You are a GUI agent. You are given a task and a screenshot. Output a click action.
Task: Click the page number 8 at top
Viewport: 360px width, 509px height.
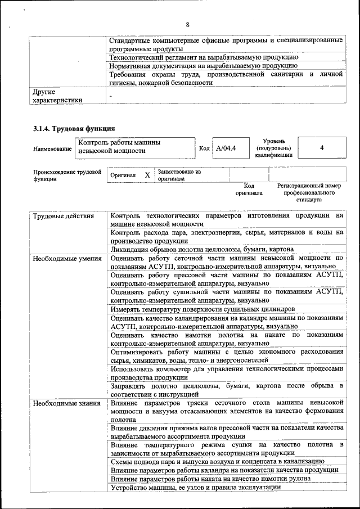[187, 24]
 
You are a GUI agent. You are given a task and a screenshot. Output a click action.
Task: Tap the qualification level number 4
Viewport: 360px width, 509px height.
[321, 148]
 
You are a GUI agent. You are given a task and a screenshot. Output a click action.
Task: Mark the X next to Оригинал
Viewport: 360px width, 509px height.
[147, 175]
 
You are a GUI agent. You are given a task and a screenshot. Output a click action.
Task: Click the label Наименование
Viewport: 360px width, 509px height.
[52, 148]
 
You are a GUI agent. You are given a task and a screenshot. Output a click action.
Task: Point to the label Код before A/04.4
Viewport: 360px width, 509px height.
[204, 148]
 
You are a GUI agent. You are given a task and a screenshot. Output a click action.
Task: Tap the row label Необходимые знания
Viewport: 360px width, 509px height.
[66, 403]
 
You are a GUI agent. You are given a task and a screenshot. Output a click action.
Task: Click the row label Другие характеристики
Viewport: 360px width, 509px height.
[57, 95]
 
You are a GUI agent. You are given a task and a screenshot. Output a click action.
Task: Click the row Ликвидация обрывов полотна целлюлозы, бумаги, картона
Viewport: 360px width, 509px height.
[202, 249]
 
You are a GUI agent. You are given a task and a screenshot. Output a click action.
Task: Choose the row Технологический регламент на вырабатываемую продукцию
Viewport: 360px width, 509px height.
[204, 57]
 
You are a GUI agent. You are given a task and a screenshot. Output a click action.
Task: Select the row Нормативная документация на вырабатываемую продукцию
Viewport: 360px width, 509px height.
[203, 66]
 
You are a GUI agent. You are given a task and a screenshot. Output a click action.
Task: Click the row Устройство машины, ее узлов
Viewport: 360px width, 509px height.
[195, 487]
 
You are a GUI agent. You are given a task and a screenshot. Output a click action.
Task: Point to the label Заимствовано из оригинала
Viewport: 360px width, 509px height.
[179, 175]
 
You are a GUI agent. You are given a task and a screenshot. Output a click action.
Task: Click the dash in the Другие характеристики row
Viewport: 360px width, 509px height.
[111, 96]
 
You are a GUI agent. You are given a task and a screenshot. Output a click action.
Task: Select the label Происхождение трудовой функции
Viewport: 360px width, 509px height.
[66, 175]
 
